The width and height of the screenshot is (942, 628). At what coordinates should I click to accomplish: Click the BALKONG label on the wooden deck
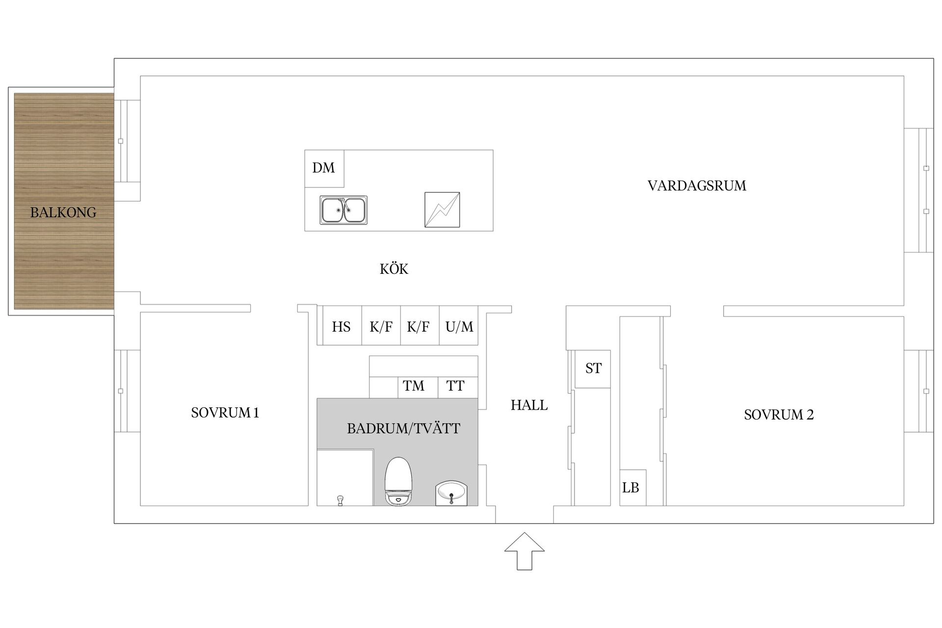coord(63,212)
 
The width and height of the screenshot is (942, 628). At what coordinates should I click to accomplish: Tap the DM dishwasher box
coord(324,168)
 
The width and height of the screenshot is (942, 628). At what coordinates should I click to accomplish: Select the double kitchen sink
coord(343,210)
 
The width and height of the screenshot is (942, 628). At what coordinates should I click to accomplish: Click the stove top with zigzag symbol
coord(442,209)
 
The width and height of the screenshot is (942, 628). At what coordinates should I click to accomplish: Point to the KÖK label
coord(394,269)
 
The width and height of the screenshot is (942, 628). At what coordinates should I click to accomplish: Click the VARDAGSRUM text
coord(697,186)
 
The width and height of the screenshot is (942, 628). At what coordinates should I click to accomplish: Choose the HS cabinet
coord(341,327)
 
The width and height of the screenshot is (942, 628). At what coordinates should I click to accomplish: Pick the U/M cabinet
coord(459,327)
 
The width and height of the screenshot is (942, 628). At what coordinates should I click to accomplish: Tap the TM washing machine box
coord(414,386)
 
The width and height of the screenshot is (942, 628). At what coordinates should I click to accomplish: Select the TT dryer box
coord(455,386)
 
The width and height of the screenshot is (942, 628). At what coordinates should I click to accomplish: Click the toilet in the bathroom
coord(398,481)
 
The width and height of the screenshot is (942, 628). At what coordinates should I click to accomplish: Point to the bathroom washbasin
coord(451,493)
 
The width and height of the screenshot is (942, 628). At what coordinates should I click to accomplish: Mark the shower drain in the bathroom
coord(340,499)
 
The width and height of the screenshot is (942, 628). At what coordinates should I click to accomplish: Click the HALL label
coord(529,405)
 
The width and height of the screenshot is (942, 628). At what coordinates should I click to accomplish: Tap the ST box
coord(593,368)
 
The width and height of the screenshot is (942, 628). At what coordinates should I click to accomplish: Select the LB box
coord(631,488)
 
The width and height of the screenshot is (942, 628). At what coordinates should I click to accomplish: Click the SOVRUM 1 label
coord(225,413)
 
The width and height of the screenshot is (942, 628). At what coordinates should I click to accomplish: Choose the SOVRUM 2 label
coord(779,415)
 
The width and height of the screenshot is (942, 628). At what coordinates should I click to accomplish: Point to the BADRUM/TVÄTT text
coord(403,429)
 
